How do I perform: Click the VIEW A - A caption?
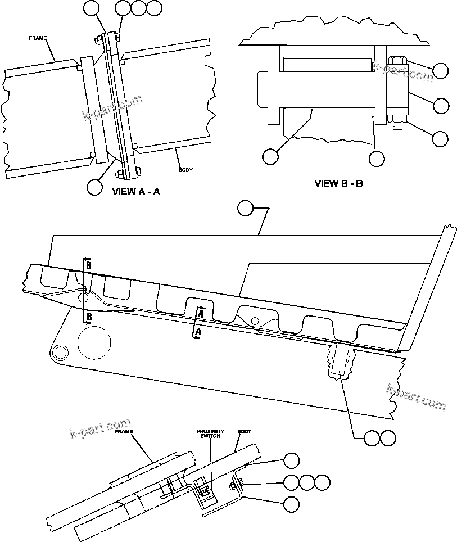pos(136,191)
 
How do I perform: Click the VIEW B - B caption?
pos(338,183)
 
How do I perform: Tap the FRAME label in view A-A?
pos(38,38)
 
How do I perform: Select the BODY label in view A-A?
pos(185,169)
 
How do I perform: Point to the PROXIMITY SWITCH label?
pos(210,434)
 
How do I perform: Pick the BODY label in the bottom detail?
pos(244,431)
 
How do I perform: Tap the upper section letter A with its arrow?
pos(199,310)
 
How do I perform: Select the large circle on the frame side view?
pos(94,342)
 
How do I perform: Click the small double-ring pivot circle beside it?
pos(59,351)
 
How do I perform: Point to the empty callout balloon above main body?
pos(245,209)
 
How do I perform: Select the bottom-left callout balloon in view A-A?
pos(94,186)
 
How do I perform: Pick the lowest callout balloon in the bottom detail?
pos(291,504)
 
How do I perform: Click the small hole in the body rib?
pos(255,320)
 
